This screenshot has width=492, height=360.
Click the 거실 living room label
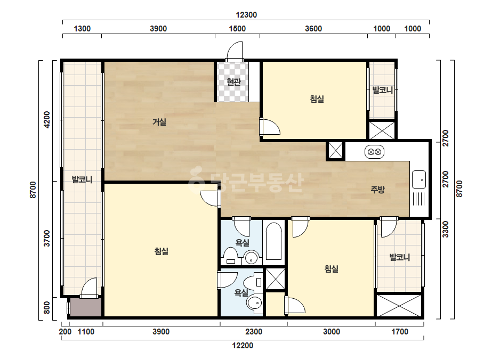pyautogui.click(x=159, y=121)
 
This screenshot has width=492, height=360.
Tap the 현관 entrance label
pyautogui.click(x=234, y=82)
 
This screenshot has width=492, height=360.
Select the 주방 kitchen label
pyautogui.click(x=377, y=189)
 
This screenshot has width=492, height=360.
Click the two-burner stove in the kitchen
pyautogui.click(x=374, y=152)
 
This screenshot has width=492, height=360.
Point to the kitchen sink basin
pyautogui.click(x=419, y=179)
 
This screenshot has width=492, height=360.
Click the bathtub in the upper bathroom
pyautogui.click(x=273, y=241)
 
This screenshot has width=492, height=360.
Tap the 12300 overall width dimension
pyautogui.click(x=246, y=15)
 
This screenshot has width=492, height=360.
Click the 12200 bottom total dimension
pyautogui.click(x=243, y=346)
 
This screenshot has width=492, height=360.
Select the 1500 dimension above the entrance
pyautogui.click(x=237, y=29)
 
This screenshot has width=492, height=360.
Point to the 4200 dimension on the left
pyautogui.click(x=47, y=119)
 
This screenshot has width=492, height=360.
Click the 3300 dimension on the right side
pyautogui.click(x=446, y=229)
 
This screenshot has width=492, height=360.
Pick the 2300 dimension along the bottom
pyautogui.click(x=254, y=331)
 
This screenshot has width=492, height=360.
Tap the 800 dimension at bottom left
pyautogui.click(x=47, y=308)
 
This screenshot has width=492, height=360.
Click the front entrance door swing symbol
pyautogui.click(x=235, y=52)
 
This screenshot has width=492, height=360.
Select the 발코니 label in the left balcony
pyautogui.click(x=82, y=179)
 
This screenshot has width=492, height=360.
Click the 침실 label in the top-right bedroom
pyautogui.click(x=317, y=99)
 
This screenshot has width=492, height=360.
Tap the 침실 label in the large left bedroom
pyautogui.click(x=162, y=251)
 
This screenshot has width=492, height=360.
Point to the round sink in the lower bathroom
pyautogui.click(x=254, y=303)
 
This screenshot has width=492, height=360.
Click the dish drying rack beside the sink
pyautogui.click(x=418, y=199)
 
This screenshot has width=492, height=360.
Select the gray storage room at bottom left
pyautogui.click(x=86, y=307)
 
